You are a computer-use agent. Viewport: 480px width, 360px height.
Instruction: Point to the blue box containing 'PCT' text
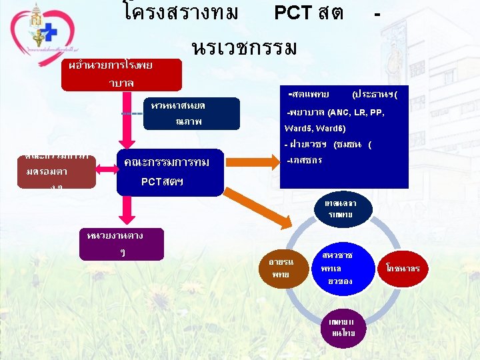170,171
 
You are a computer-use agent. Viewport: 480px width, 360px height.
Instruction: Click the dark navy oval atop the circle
339,209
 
